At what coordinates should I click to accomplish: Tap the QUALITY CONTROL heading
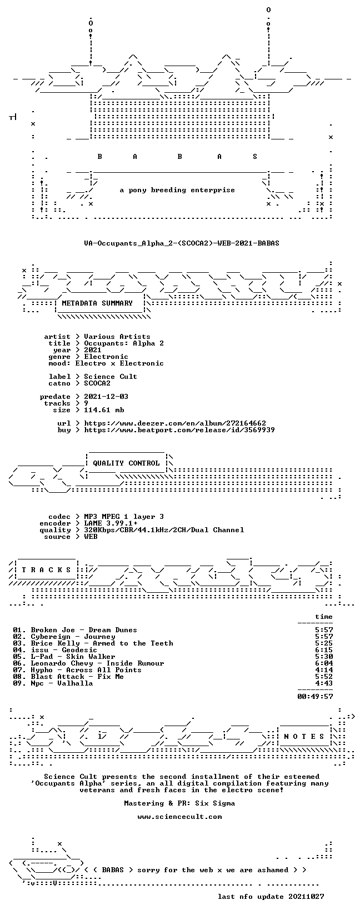click(126, 463)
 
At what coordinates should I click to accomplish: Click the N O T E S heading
click(304, 737)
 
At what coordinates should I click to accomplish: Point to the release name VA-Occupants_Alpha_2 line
click(182, 243)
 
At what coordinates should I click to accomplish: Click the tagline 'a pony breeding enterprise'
click(177, 190)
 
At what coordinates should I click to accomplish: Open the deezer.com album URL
click(175, 423)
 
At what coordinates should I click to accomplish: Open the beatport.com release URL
click(179, 430)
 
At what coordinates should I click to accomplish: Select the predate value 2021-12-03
click(106, 397)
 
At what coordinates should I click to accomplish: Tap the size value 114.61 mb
click(104, 410)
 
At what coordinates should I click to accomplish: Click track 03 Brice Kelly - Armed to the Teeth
click(93, 643)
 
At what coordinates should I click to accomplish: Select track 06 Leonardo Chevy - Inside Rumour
click(89, 663)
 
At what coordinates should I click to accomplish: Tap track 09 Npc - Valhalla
click(53, 683)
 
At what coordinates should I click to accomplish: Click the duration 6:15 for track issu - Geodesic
click(324, 650)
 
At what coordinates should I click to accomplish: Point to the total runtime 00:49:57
click(315, 697)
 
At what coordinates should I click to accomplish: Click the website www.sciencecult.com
click(179, 817)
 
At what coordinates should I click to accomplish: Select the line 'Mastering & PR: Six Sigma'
click(179, 803)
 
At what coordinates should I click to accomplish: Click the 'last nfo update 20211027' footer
click(271, 896)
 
